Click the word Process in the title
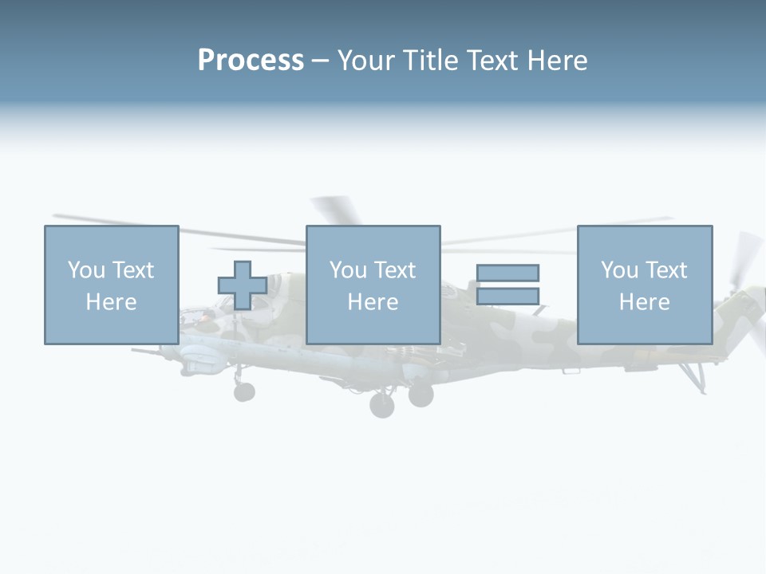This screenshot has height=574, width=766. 251,61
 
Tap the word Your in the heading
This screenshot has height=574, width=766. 367,61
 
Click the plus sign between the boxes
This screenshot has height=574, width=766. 243,285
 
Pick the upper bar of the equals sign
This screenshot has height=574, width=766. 507,273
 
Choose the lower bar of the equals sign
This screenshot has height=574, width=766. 507,296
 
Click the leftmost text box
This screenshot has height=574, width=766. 111,285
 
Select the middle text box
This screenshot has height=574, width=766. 373,285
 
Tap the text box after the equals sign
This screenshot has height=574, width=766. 644,285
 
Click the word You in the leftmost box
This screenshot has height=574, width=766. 85,270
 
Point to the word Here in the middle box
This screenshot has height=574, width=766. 373,302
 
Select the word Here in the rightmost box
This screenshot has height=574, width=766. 644,302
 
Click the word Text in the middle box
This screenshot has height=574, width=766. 395,270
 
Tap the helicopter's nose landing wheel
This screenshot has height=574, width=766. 244,391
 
